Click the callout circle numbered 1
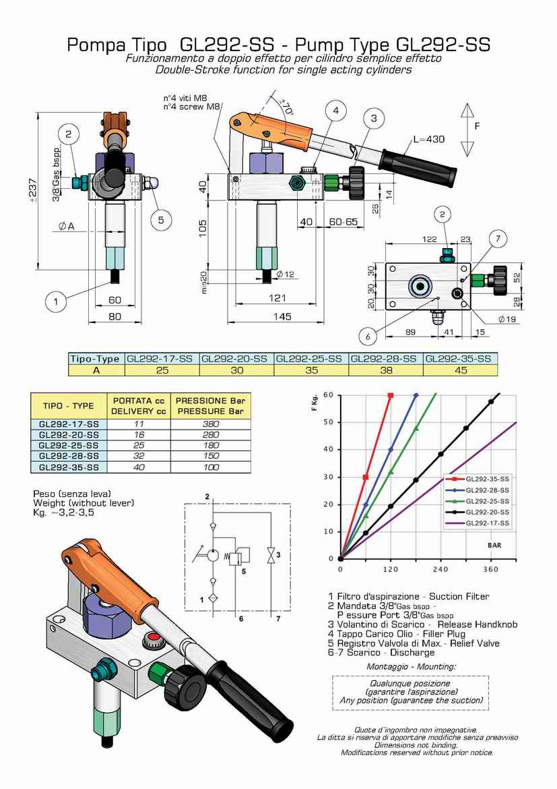[56, 301]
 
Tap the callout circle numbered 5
[160, 218]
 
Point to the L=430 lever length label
[429, 140]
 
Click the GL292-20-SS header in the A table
[237, 358]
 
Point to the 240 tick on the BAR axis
[440, 569]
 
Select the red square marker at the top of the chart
[391, 395]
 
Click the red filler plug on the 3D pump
[154, 637]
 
